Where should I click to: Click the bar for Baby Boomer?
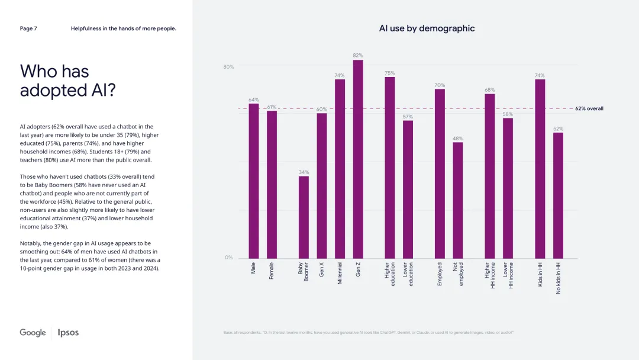304,217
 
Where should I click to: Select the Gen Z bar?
358,159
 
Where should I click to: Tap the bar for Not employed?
458,200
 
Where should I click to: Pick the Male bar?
253,181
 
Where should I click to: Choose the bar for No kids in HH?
558,195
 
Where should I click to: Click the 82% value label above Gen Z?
358,55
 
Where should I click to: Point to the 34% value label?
304,172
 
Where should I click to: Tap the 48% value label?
458,138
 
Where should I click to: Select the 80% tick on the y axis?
228,67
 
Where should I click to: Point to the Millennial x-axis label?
340,274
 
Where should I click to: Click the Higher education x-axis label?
390,275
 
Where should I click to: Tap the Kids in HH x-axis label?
540,274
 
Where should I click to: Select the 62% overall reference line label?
589,109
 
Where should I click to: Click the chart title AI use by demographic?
427,28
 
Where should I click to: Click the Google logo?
33,333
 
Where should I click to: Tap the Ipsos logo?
68,333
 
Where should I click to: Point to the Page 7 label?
28,28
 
